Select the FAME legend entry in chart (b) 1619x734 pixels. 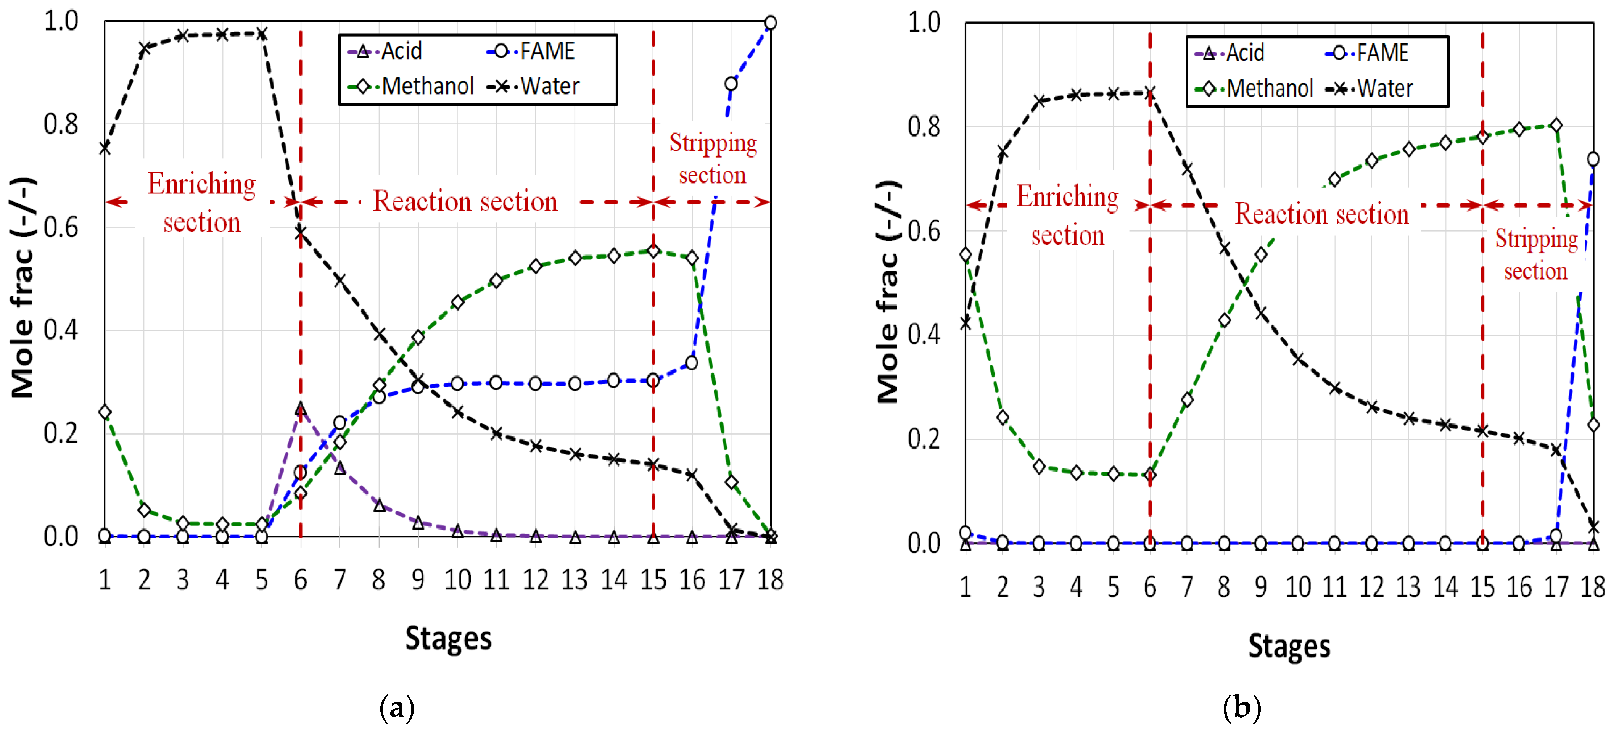click(x=1367, y=53)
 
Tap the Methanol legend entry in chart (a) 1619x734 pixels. click(x=411, y=87)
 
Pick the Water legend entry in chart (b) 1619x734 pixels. click(x=1370, y=89)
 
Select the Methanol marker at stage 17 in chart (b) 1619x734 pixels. click(x=1556, y=126)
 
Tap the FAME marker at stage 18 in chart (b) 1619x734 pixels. click(x=1593, y=159)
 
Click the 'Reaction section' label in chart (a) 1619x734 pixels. click(x=465, y=202)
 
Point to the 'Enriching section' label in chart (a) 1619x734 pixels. click(x=202, y=202)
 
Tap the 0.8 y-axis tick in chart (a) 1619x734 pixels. click(x=61, y=124)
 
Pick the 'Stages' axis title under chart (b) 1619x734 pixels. click(x=1289, y=646)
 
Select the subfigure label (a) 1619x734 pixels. click(x=397, y=708)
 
